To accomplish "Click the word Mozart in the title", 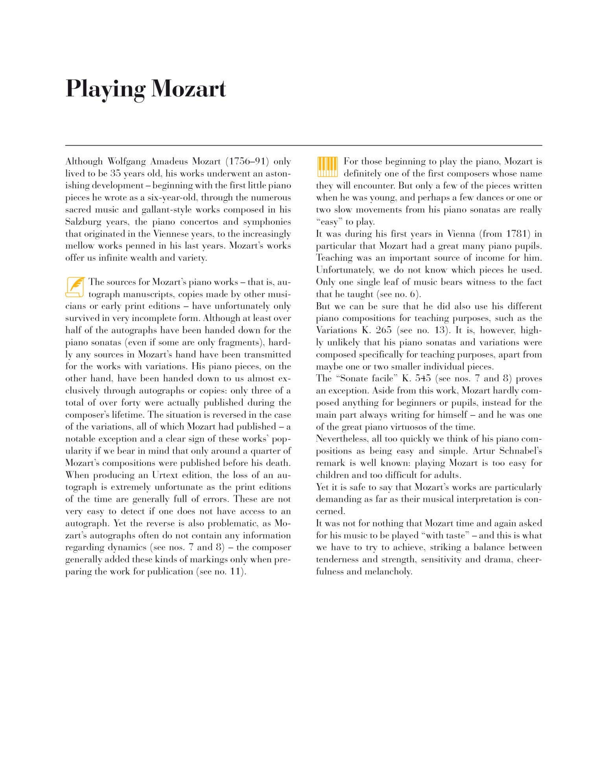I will (189, 89).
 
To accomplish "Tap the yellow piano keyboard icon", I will (327, 167).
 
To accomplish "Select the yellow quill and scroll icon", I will (75, 287).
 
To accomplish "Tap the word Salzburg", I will (83, 222).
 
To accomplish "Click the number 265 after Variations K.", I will (383, 330).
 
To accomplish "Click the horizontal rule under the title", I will (304, 146).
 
